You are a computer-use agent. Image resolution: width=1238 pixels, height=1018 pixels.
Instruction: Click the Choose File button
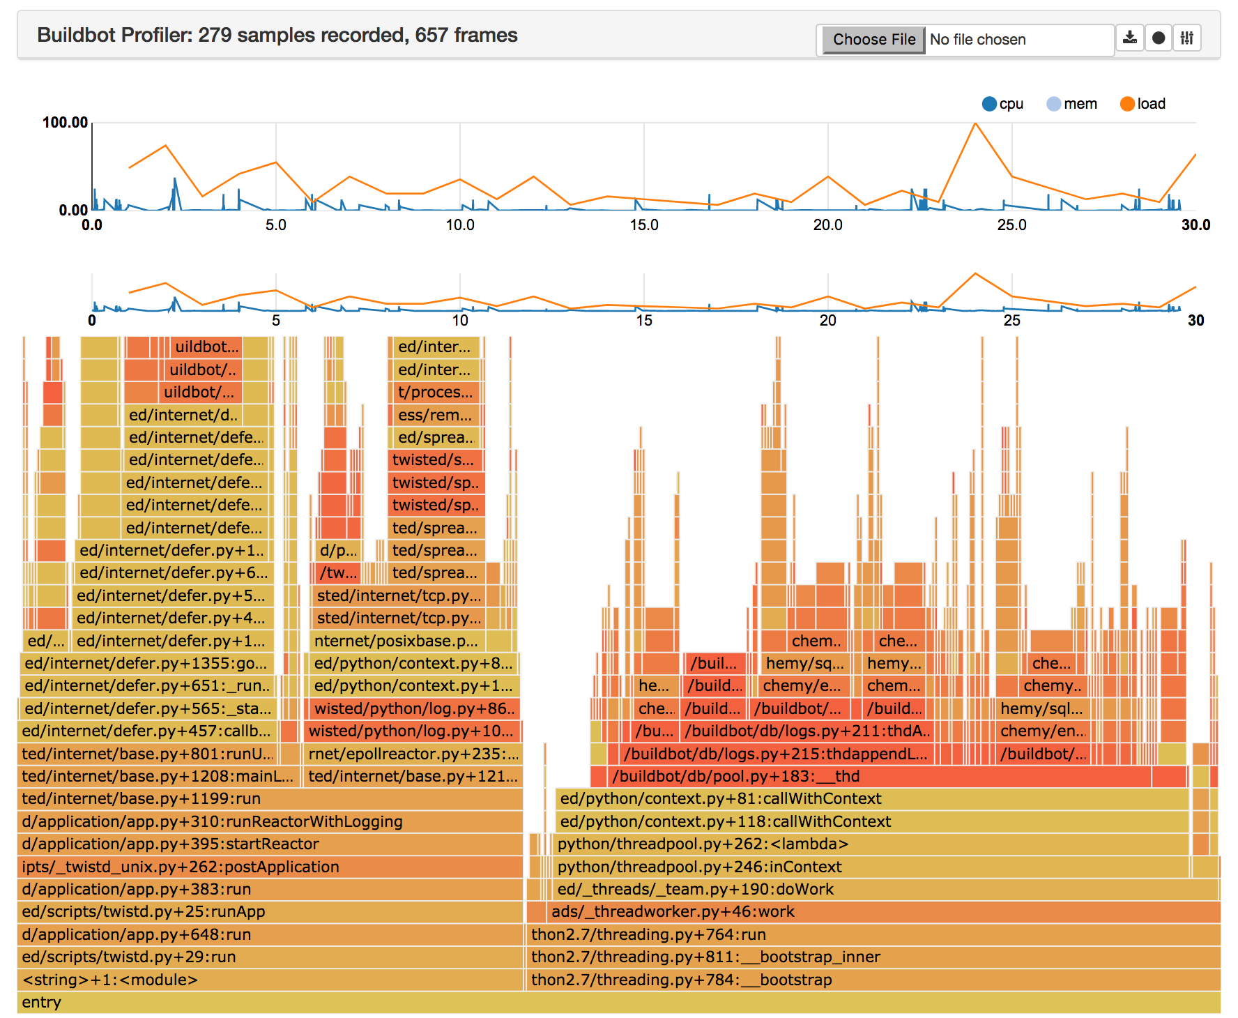click(873, 39)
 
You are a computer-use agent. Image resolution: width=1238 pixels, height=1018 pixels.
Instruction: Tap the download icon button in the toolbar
click(1130, 38)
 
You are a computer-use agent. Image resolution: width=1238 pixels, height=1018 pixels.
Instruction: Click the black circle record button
click(1159, 38)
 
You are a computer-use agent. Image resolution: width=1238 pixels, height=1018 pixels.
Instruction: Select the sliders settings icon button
click(1187, 38)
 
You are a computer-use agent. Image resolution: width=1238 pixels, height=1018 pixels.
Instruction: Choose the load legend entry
click(1143, 104)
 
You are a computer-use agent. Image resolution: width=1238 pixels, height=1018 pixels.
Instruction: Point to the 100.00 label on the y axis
click(65, 123)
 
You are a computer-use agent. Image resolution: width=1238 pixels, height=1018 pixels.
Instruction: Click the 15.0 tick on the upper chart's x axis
click(643, 225)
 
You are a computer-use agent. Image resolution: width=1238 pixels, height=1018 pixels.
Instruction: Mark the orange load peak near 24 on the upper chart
click(975, 124)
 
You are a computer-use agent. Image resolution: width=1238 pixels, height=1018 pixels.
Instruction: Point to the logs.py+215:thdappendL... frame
click(774, 754)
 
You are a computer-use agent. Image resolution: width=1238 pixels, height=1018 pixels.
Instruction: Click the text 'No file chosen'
click(977, 40)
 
